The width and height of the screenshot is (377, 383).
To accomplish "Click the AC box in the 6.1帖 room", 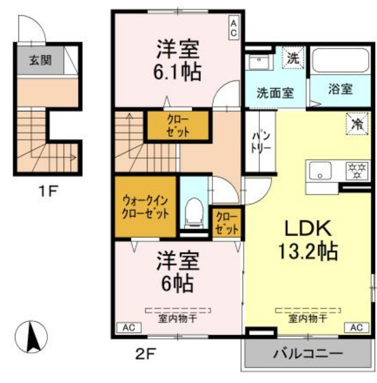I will point(234,28).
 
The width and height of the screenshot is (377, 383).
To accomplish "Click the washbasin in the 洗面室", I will point(258,61).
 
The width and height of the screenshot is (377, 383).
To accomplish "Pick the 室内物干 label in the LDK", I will point(308,319).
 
